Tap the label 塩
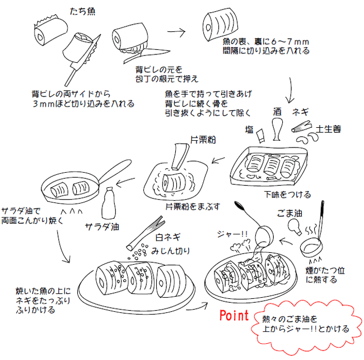[249, 129]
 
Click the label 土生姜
[329, 129]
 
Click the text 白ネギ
[167, 238]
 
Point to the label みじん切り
[171, 250]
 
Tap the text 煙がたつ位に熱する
[325, 274]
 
